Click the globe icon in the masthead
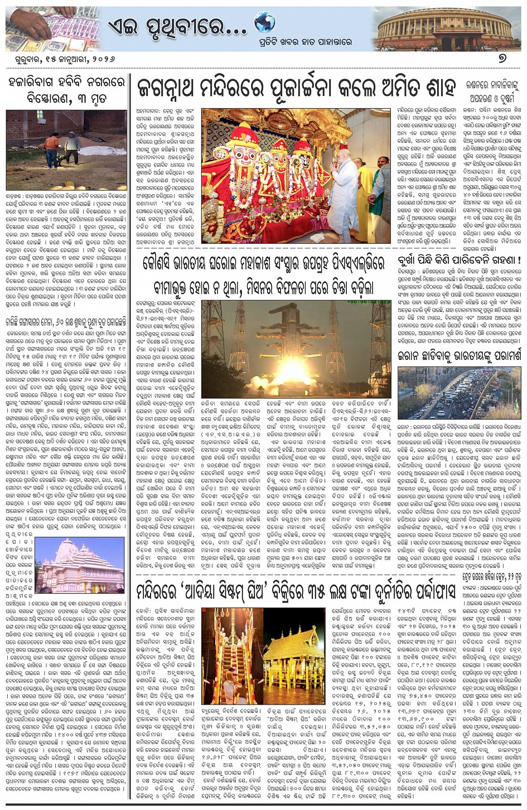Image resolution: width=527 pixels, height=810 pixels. coord(264,22)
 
